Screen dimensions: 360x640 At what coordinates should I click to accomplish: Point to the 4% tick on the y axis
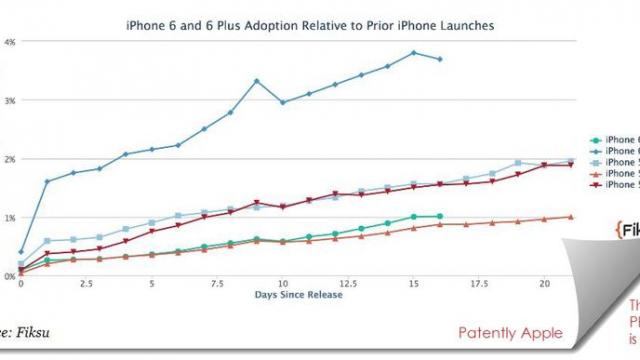(9, 42)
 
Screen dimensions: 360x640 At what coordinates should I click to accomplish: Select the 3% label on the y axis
(9, 101)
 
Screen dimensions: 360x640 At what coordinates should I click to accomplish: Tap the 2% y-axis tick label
(9, 159)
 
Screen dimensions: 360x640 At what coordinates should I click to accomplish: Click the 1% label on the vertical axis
(9, 217)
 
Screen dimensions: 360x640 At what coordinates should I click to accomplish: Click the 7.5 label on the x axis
(217, 284)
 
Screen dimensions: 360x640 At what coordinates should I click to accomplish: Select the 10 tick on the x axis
(283, 284)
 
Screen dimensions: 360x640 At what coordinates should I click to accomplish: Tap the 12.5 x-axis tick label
(348, 284)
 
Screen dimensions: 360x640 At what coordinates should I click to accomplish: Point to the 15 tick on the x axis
(413, 284)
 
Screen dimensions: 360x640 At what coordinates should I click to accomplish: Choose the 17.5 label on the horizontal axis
(478, 284)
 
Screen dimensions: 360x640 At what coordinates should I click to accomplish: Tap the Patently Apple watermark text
(510, 333)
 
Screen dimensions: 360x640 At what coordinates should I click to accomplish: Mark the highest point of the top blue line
(413, 52)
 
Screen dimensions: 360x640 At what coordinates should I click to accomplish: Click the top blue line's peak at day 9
(257, 81)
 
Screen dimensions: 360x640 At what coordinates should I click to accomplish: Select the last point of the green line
(440, 216)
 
